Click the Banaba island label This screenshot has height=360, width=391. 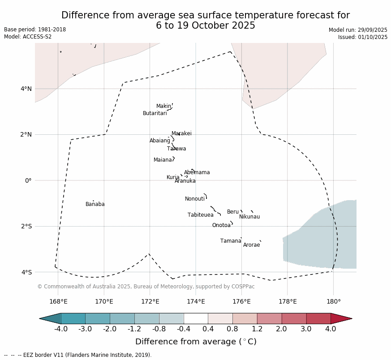click(x=95, y=204)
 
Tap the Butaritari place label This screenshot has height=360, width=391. click(x=155, y=113)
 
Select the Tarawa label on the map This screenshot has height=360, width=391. click(x=176, y=149)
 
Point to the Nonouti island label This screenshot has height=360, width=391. click(x=195, y=199)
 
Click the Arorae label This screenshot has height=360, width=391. click(x=251, y=245)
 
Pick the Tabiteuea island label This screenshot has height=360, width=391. click(x=201, y=215)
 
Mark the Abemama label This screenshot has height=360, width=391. click(x=197, y=172)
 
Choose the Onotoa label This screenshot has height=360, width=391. click(x=221, y=225)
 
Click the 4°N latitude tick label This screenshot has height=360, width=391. click(x=26, y=89)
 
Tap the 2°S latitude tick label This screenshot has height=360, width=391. click(x=26, y=226)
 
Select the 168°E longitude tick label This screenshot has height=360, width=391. click(x=58, y=301)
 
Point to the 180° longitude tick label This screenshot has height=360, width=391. click(x=333, y=301)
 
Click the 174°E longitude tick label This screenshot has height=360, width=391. click(x=196, y=301)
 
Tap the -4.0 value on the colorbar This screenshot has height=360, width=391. click(x=61, y=330)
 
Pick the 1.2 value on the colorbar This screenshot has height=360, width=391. click(x=257, y=330)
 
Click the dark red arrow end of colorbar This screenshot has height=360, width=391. click(x=341, y=318)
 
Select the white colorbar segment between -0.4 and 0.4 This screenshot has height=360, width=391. click(x=196, y=318)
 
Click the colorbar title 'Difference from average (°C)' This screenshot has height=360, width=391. click(x=196, y=342)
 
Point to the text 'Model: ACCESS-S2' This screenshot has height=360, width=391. click(x=28, y=37)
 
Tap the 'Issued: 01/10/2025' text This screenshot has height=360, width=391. click(x=363, y=37)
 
